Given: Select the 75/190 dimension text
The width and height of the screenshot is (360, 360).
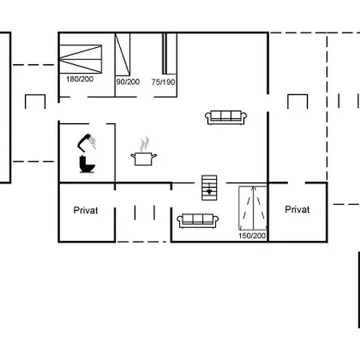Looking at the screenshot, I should point(163,81).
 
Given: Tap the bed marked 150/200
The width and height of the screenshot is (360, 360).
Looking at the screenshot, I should point(254,207).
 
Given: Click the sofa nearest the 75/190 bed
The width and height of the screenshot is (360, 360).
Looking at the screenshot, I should point(226,117).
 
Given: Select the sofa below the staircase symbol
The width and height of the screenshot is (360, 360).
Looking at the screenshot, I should point(197,219).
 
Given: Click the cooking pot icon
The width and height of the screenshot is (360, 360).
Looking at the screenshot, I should point(144,158).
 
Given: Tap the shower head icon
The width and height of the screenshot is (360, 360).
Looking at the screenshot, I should point(85,142).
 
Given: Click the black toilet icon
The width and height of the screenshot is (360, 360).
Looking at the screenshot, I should point(86,165).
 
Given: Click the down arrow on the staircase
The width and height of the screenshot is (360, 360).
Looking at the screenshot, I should point(209,190).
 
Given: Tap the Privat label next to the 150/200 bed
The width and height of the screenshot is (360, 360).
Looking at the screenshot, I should point(297,210).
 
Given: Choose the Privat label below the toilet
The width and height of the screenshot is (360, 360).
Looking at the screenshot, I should point(86,210).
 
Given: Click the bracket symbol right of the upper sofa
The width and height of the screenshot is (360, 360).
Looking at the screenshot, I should point(298,102).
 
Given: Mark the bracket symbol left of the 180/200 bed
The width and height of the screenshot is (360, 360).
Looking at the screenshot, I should point(35,102).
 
